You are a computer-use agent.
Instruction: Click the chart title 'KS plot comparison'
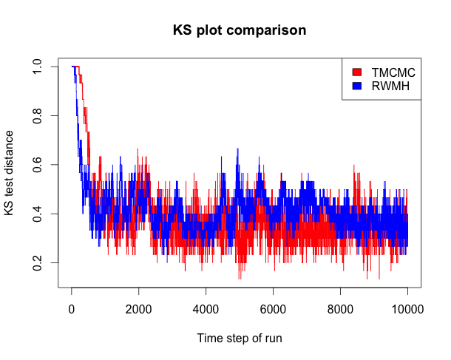click(240, 30)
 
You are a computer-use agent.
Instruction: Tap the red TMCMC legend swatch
click(357, 72)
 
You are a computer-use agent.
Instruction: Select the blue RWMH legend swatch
click(357, 86)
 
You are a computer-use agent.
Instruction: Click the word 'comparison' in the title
click(265, 30)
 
